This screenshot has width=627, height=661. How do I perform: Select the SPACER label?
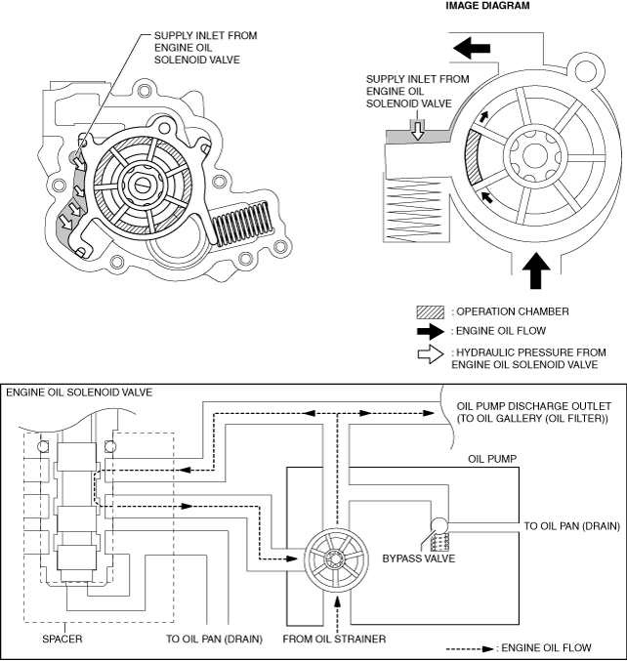pyautogui.click(x=62, y=640)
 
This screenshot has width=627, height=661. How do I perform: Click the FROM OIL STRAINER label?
pyautogui.click(x=333, y=640)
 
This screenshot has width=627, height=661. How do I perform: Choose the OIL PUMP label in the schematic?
pyautogui.click(x=493, y=457)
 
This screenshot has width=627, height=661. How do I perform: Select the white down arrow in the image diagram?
pyautogui.click(x=418, y=130)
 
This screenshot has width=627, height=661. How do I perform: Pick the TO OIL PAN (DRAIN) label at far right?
pyautogui.click(x=571, y=526)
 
